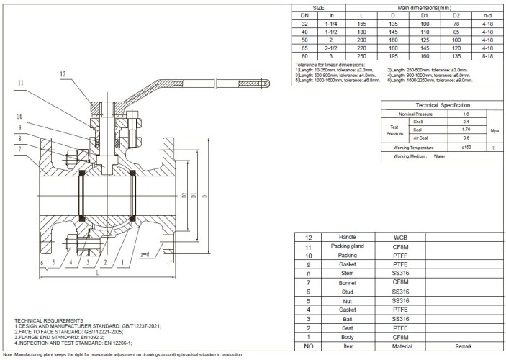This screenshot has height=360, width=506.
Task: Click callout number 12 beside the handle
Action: pos(63,73)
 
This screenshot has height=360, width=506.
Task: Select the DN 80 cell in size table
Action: pos(304,56)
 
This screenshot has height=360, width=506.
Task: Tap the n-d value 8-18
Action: pos(487,56)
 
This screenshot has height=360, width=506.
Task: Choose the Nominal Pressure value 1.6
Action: pos(466,114)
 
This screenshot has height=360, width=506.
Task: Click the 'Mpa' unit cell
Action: pos(494,131)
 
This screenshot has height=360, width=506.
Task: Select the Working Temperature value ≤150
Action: pos(466,148)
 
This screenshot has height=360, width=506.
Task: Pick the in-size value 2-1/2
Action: pos(333,48)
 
